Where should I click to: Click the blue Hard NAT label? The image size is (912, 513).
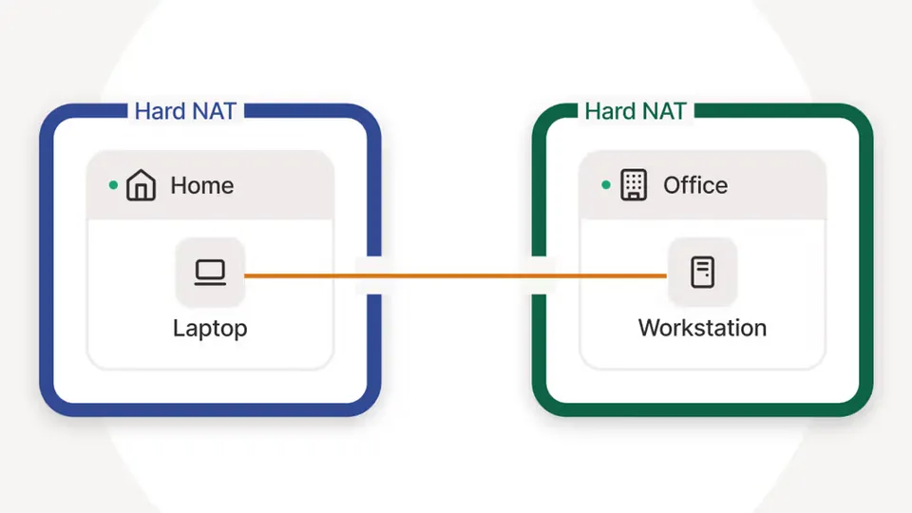(x=185, y=111)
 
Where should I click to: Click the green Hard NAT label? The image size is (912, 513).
(x=636, y=111)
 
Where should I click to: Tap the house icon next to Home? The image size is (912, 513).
(x=141, y=185)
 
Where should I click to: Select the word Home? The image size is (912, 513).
(x=201, y=185)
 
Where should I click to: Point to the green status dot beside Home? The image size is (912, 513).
(x=113, y=185)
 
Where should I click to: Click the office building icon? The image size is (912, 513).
(x=634, y=185)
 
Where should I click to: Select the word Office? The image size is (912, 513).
(x=695, y=185)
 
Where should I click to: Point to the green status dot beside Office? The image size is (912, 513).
(x=606, y=185)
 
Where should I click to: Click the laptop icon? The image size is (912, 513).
(x=210, y=273)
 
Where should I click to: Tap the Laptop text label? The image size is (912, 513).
(x=210, y=329)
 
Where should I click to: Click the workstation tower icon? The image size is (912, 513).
(x=703, y=273)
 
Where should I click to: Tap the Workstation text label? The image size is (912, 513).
(x=702, y=328)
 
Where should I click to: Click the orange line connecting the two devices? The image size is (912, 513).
(x=455, y=275)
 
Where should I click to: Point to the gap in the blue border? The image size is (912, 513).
(x=374, y=275)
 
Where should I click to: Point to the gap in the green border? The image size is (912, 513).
(x=540, y=275)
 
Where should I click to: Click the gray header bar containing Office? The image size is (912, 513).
(x=703, y=185)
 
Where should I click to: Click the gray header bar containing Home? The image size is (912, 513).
(x=210, y=185)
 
